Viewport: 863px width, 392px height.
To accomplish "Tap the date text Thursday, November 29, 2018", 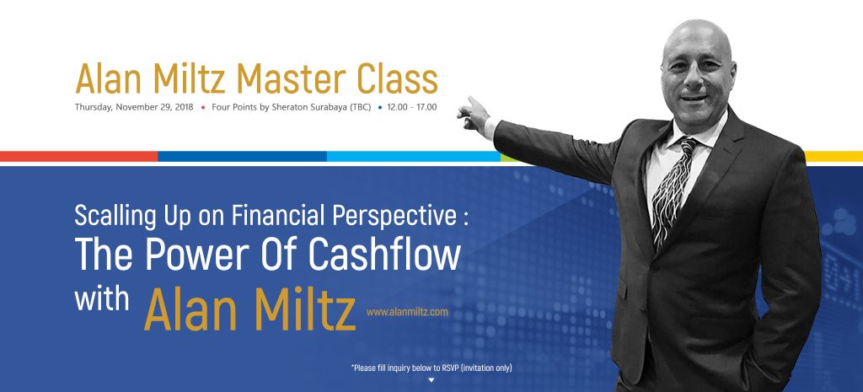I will coord(133,108).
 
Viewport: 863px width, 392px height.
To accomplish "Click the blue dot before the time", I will coord(379,108).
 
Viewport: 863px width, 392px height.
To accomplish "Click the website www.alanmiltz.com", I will coord(407,312).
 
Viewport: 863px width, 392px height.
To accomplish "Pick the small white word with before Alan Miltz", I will coord(101,301).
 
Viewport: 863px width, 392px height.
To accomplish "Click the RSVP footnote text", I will coord(431,368).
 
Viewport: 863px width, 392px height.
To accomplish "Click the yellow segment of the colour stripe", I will coord(834,156).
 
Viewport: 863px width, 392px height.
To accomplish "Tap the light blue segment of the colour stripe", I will coord(413,156).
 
